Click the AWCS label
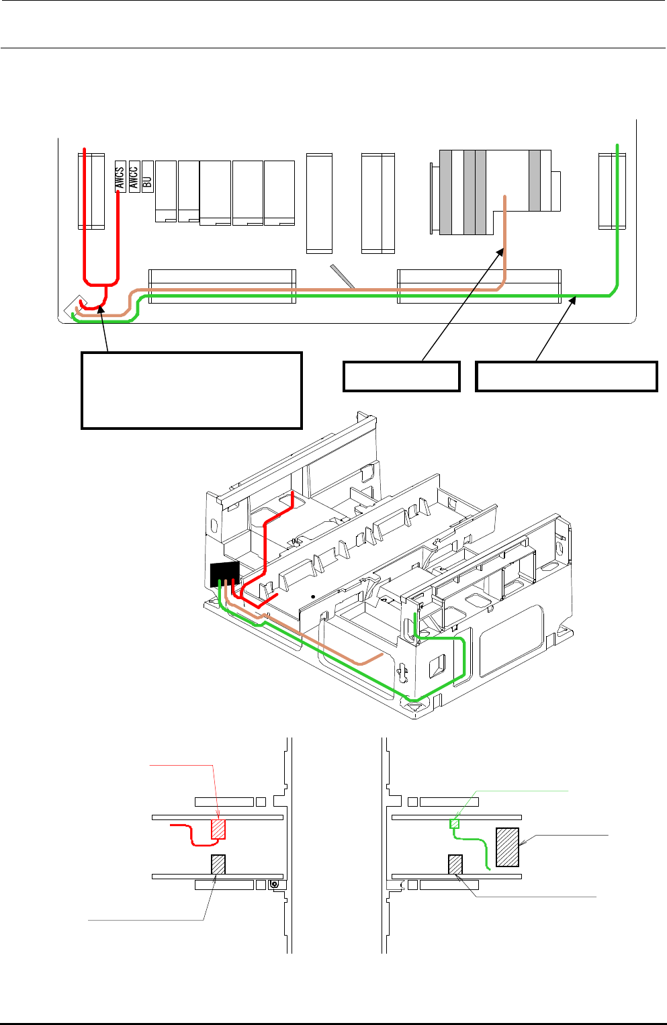pos(120,177)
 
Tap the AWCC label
pos(134,177)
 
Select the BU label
pos(148,177)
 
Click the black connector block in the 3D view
pos(224,574)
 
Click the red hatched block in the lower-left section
pos(218,829)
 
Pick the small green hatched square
pos(455,823)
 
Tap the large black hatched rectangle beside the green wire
pos(507,847)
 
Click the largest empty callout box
pos(191,390)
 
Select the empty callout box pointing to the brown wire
pos(401,376)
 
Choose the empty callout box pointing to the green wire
pos(566,376)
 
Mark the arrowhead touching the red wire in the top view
pos(101,308)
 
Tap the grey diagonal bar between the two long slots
pos(343,276)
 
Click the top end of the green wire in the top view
pos(617,145)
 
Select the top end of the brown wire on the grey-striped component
pos(505,197)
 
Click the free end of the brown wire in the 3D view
pos(382,653)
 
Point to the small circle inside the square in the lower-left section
pos(274,885)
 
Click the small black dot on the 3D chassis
pos(313,596)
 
